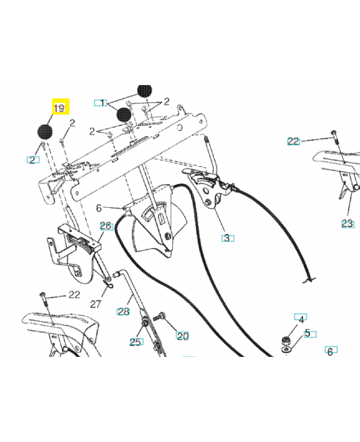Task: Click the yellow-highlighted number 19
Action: pos(59,108)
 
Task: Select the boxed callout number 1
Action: pos(100,103)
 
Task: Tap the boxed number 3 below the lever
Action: pos(226,238)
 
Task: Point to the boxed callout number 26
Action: pos(105,225)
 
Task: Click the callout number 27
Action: pos(97,304)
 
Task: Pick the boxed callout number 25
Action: pos(135,342)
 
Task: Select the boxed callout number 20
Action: pos(182,335)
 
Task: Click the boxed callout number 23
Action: pos(347,224)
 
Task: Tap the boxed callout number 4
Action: pos(301,319)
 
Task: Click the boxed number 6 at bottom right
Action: pos(330,351)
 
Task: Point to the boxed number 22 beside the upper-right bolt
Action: pos(293,141)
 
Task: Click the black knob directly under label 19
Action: pos(45,131)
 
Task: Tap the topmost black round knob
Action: pos(145,90)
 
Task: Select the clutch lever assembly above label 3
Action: pos(208,185)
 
